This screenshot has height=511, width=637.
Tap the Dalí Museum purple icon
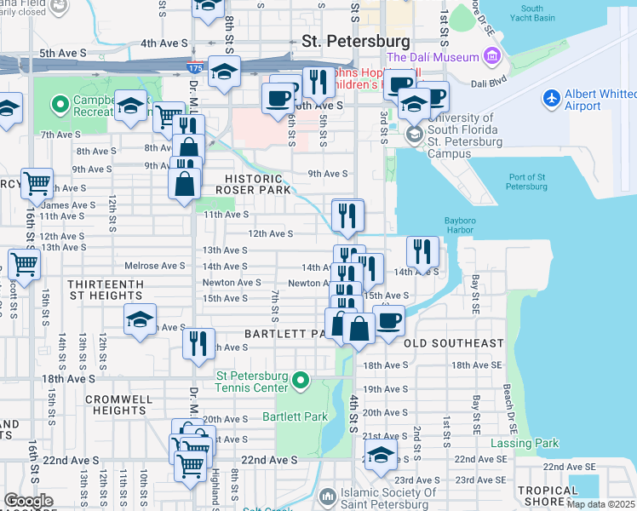point(492,57)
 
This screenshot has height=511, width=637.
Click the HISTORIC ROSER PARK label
point(253,182)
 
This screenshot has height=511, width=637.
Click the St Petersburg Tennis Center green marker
point(299,380)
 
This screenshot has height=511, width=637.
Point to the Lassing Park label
point(525,444)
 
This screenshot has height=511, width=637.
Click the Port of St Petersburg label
point(526,181)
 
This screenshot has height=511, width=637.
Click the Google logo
point(28,501)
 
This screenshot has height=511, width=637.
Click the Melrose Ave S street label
point(155,266)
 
